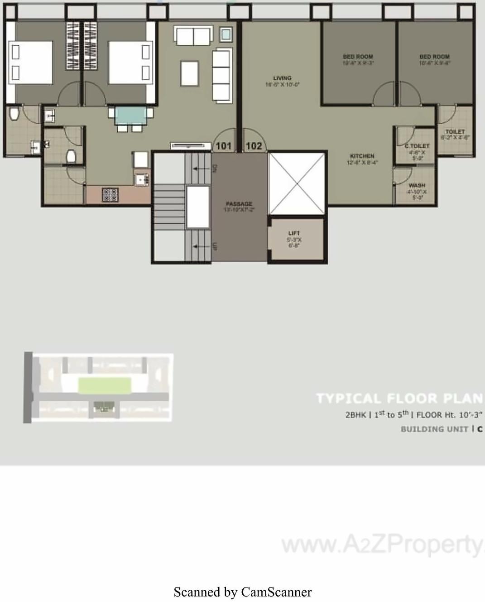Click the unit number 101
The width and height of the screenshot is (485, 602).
point(223,146)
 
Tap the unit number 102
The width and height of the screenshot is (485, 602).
point(254,146)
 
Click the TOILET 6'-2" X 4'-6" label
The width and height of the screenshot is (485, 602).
point(455,135)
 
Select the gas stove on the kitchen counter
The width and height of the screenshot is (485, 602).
point(110,195)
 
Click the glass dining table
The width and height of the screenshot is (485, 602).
point(130,116)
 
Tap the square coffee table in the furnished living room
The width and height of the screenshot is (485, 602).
point(190,72)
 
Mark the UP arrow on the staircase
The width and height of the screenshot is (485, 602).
point(197,246)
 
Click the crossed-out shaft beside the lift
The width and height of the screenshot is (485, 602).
point(297,183)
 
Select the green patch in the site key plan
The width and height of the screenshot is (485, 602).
point(105,385)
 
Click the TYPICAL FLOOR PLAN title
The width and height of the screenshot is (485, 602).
point(399,399)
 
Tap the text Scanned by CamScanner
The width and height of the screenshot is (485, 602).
point(243,592)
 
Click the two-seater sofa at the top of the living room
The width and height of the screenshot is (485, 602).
point(193,36)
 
